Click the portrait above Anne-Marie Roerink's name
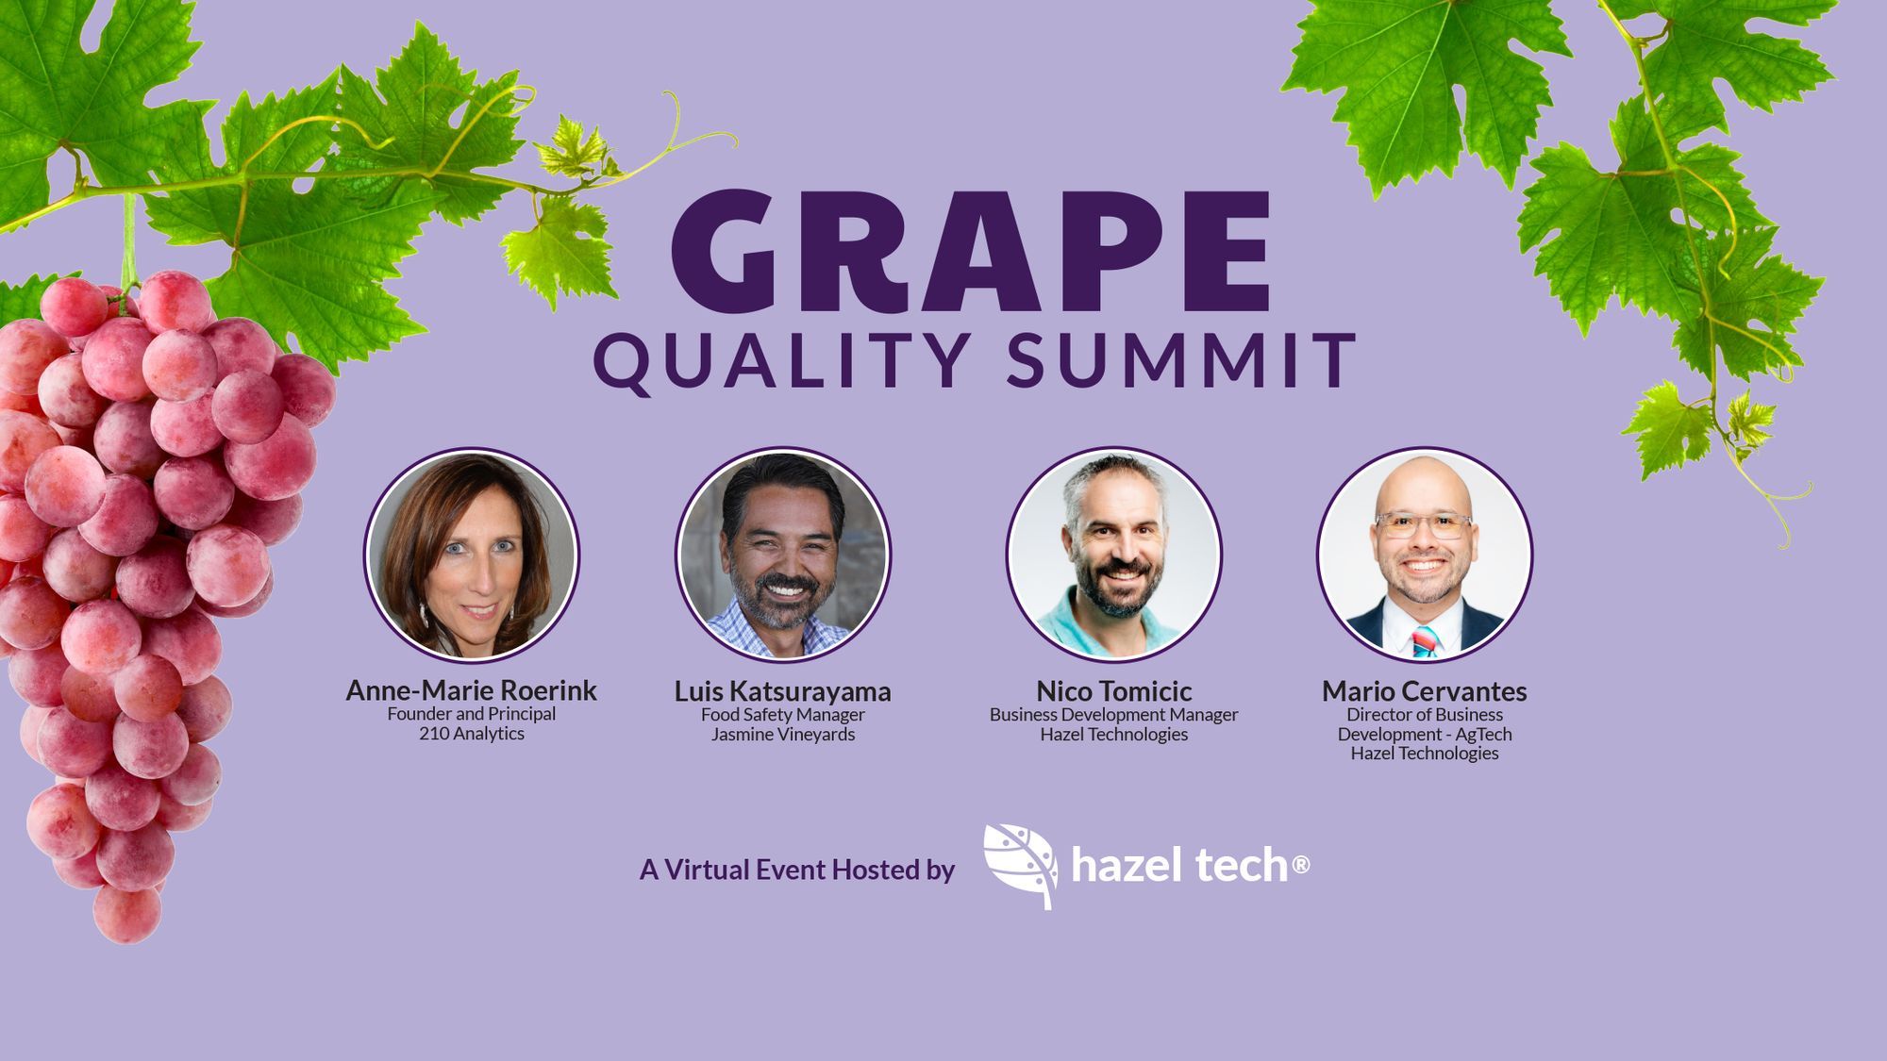(x=472, y=555)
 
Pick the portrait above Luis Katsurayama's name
(x=783, y=555)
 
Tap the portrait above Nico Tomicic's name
(x=1113, y=555)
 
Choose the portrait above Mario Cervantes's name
(x=1425, y=555)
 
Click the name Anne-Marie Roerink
(x=471, y=690)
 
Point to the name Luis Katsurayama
(x=782, y=691)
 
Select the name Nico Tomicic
(x=1113, y=691)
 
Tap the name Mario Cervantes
(x=1424, y=691)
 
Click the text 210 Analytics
(x=472, y=734)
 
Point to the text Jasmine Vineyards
(x=783, y=735)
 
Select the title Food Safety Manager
(x=783, y=715)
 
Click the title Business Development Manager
(x=1113, y=715)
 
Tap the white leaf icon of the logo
(x=1020, y=866)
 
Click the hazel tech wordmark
(x=1190, y=865)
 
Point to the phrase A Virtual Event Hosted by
(x=797, y=870)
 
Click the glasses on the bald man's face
(x=1423, y=524)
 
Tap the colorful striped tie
(x=1425, y=642)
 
